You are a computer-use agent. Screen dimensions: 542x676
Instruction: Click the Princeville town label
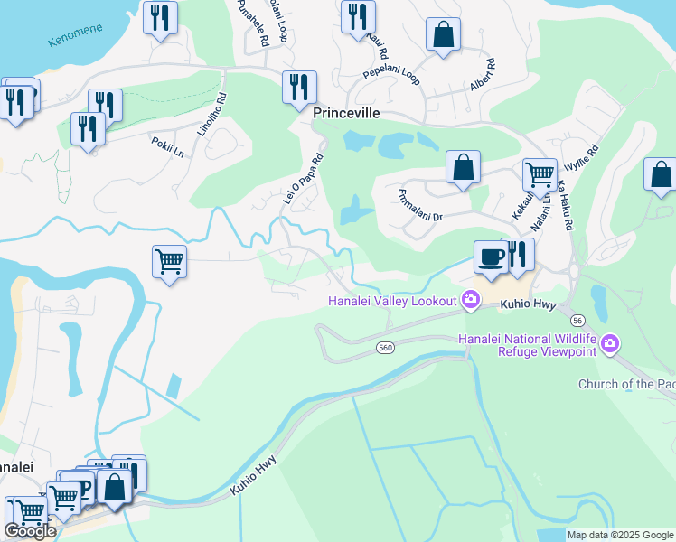pyautogui.click(x=345, y=115)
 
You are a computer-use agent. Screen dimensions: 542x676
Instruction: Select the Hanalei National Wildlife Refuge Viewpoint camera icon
pyautogui.click(x=610, y=343)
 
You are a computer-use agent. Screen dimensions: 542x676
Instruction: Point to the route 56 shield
pyautogui.click(x=577, y=321)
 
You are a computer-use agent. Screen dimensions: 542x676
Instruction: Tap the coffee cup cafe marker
pyautogui.click(x=491, y=257)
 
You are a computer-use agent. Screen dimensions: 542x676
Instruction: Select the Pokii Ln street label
pyautogui.click(x=167, y=143)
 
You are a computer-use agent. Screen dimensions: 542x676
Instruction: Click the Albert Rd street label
pyautogui.click(x=484, y=76)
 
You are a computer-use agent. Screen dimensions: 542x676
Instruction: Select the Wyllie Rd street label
pyautogui.click(x=582, y=160)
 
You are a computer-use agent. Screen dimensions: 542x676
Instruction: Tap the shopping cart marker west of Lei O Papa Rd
pyautogui.click(x=169, y=262)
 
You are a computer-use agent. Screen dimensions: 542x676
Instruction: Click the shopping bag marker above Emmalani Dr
pyautogui.click(x=463, y=167)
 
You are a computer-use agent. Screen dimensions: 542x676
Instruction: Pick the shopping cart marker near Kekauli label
pyautogui.click(x=540, y=173)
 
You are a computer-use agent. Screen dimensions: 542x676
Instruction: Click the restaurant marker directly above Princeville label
pyautogui.click(x=299, y=88)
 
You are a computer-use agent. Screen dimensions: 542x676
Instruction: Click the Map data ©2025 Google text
pyautogui.click(x=620, y=535)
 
